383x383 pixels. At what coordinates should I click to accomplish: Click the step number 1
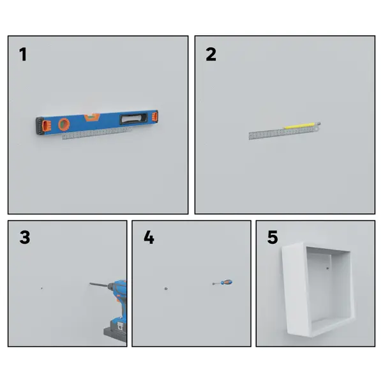[x=23, y=54]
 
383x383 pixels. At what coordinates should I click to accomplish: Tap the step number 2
[x=211, y=54]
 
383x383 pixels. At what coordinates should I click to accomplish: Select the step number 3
[x=25, y=237]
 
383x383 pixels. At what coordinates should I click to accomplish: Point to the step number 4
[x=149, y=237]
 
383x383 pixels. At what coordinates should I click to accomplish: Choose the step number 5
[x=273, y=237]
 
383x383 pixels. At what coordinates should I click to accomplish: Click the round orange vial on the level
[x=64, y=124]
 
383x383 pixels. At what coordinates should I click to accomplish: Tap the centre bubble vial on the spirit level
[x=92, y=117]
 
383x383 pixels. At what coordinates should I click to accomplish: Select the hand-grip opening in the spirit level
[x=133, y=119]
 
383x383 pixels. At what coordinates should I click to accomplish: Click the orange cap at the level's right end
[x=155, y=116]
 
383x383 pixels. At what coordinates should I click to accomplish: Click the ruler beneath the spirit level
[x=97, y=133]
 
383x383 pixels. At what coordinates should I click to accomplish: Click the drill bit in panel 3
[x=98, y=285]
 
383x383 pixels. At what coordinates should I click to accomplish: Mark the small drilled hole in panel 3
[x=41, y=289]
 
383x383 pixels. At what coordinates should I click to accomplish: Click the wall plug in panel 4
[x=166, y=289]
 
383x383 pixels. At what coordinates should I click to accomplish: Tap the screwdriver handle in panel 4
[x=227, y=283]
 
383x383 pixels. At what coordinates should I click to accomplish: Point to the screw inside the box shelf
[x=327, y=268]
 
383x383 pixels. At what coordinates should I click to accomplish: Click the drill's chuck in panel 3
[x=111, y=286]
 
